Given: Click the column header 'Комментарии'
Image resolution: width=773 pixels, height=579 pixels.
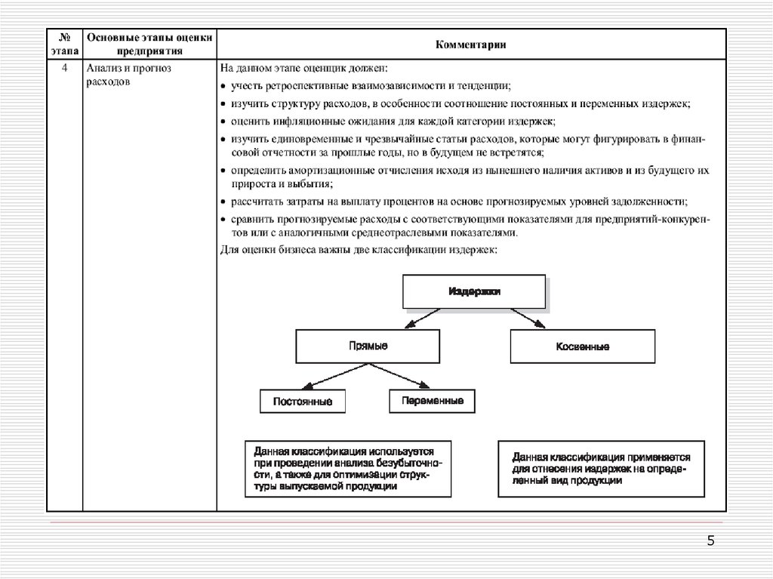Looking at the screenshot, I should pyautogui.click(x=470, y=45).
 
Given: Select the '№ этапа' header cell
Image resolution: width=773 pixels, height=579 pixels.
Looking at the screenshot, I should pyautogui.click(x=65, y=45).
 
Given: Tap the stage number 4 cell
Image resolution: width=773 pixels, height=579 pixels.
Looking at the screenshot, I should pyautogui.click(x=65, y=69).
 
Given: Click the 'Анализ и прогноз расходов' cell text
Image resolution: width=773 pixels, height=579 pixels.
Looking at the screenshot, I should pyautogui.click(x=129, y=75).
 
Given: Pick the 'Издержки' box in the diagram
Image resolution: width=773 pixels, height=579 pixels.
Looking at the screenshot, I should pyautogui.click(x=473, y=291).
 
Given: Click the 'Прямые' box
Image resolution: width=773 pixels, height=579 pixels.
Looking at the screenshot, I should pyautogui.click(x=368, y=346).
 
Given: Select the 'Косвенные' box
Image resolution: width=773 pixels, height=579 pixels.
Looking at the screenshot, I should pyautogui.click(x=582, y=346).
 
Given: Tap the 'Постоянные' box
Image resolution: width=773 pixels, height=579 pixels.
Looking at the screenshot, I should pyautogui.click(x=302, y=401).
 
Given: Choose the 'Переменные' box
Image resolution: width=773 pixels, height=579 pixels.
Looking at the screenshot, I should pyautogui.click(x=433, y=400).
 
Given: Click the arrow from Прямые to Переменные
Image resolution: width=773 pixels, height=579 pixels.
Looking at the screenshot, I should pyautogui.click(x=404, y=375).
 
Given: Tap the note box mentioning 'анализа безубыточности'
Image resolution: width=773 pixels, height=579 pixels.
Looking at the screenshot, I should pyautogui.click(x=348, y=468).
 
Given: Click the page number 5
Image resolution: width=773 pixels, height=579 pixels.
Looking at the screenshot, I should pyautogui.click(x=710, y=541).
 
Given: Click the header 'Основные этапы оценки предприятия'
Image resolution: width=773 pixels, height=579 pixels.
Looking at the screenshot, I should pyautogui.click(x=149, y=45).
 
